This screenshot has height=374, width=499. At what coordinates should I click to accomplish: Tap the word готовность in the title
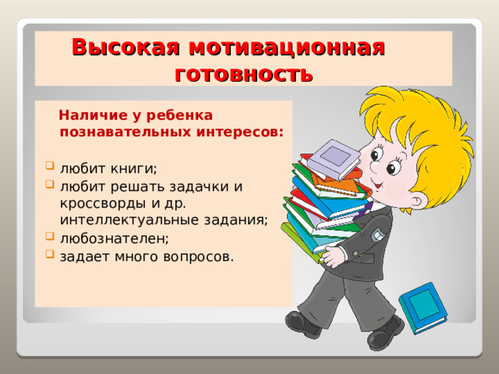pos(243,74)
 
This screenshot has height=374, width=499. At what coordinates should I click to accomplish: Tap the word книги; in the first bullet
pos(129,169)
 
